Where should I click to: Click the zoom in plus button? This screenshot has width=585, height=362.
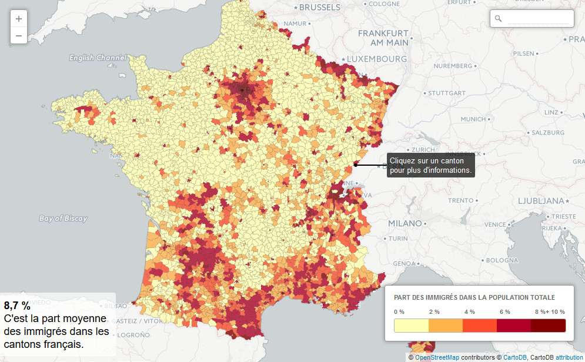(x=19, y=18)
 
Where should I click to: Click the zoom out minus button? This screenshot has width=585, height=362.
(x=19, y=35)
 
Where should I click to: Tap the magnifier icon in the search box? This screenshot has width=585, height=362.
(x=499, y=19)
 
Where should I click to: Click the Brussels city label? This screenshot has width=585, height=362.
(x=319, y=8)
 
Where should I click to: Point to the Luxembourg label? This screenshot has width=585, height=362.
(x=377, y=59)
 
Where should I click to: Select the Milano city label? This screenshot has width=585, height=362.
(x=405, y=223)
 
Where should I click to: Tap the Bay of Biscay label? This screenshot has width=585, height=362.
(x=63, y=219)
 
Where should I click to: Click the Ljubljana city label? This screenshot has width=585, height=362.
(x=540, y=200)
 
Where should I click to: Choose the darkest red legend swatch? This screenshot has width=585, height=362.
(x=548, y=326)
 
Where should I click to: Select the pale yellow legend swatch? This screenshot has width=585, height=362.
(x=412, y=326)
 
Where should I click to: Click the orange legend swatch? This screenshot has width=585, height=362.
(x=446, y=326)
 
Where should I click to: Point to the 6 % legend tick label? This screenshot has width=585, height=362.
(x=504, y=311)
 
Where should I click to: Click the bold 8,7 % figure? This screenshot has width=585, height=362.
(x=17, y=306)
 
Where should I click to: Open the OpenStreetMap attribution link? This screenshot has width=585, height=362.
(x=437, y=357)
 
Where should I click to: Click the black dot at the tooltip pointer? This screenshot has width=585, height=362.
(x=356, y=165)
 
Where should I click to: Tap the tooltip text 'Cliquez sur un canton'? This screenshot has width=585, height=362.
(x=427, y=160)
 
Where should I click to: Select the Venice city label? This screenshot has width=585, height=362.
(x=495, y=224)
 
